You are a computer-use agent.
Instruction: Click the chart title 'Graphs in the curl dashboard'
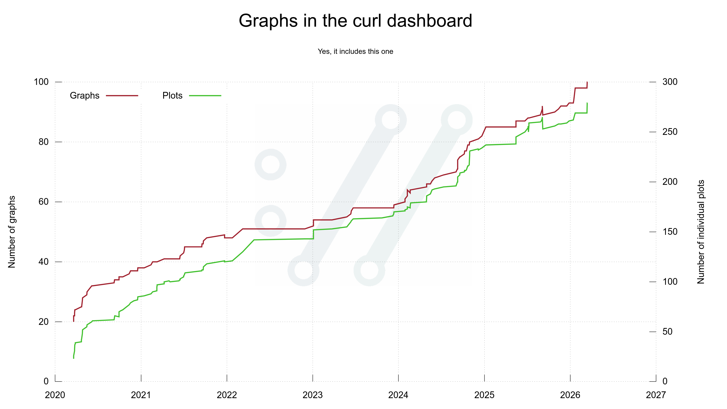tap(355, 21)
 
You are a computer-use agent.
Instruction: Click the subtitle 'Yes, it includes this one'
tap(355, 51)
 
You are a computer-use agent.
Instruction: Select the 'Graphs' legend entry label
tap(84, 96)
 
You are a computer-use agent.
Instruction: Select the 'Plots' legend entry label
tap(172, 96)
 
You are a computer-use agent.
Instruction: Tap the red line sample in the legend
tap(122, 96)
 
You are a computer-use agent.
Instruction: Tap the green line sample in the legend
tap(205, 96)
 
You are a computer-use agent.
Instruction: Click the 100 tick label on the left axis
tap(41, 82)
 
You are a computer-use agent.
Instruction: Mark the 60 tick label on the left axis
tap(44, 202)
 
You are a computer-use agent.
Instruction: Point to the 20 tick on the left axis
tap(44, 322)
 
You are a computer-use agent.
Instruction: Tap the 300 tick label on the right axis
tap(670, 82)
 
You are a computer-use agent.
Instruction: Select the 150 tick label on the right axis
tap(670, 232)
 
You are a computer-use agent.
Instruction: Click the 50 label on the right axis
tap(667, 331)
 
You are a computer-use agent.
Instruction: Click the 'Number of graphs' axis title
tap(12, 232)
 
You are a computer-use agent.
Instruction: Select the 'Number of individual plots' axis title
tap(701, 232)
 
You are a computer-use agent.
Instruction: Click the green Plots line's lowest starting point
tap(74, 358)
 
